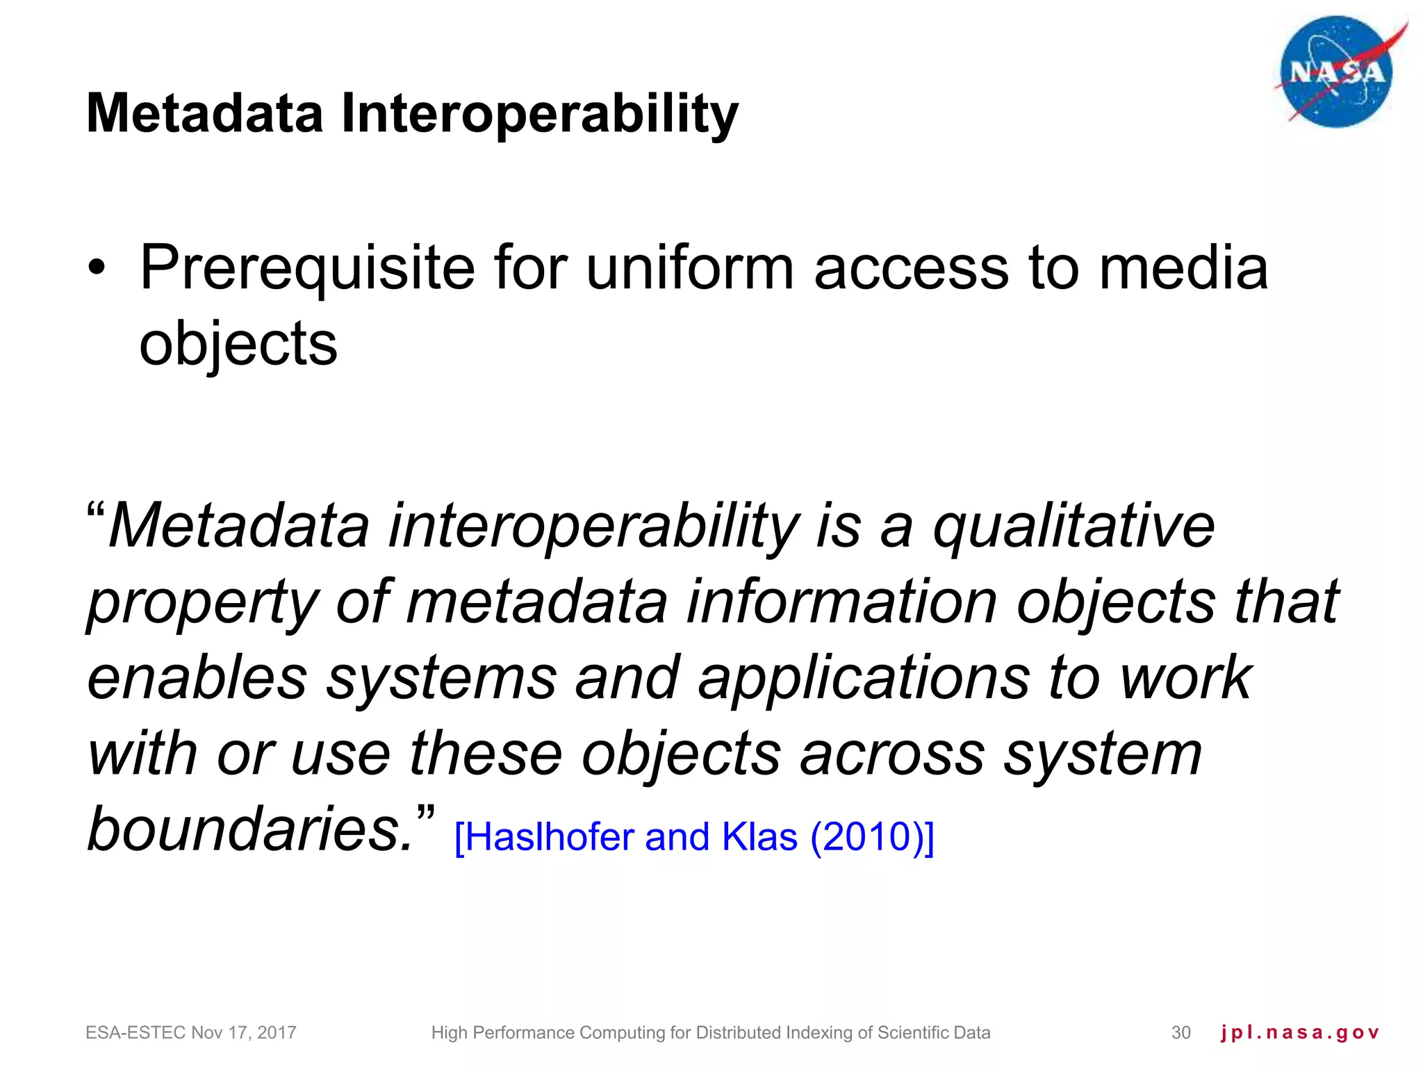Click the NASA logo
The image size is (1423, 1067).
click(1335, 72)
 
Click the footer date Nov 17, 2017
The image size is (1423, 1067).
click(243, 1033)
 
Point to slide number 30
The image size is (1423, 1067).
click(1181, 1033)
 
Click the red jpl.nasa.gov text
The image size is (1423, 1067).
click(1299, 1033)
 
